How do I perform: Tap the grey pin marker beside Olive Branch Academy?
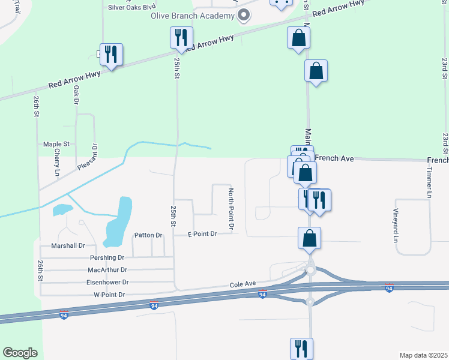pyautogui.click(x=243, y=16)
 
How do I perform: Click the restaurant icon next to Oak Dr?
pyautogui.click(x=111, y=55)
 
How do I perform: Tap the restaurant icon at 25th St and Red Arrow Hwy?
pyautogui.click(x=181, y=38)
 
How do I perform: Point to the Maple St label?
pyautogui.click(x=56, y=144)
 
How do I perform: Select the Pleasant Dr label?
pyautogui.click(x=94, y=155)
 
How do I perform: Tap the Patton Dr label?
pyautogui.click(x=148, y=235)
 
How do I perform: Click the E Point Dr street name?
pyautogui.click(x=202, y=233)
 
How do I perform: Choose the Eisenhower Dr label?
pyautogui.click(x=108, y=282)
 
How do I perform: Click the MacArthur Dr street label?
pyautogui.click(x=107, y=270)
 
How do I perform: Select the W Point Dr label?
pyautogui.click(x=109, y=295)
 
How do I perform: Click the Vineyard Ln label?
pyautogui.click(x=396, y=225)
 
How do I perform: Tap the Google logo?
pyautogui.click(x=20, y=353)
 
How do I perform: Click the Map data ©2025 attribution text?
pyautogui.click(x=423, y=355)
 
